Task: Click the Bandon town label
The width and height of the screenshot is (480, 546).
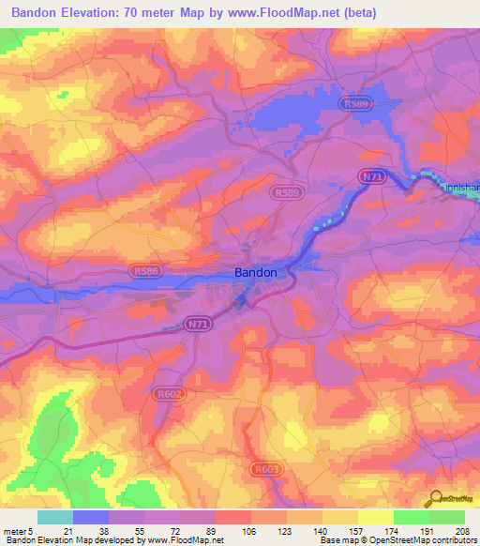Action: (x=254, y=272)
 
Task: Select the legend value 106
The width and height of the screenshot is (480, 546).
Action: (x=250, y=530)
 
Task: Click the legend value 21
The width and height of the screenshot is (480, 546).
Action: (x=69, y=530)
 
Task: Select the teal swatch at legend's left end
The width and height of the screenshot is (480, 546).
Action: (x=54, y=517)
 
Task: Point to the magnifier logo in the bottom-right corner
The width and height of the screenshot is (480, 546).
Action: (x=434, y=500)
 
